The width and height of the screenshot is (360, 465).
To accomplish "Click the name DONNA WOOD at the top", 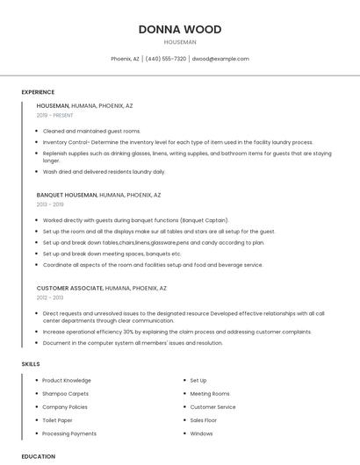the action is [x=180, y=29].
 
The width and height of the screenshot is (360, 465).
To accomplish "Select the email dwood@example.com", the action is [x=220, y=59].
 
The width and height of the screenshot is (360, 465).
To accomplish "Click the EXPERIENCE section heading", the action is [x=38, y=92].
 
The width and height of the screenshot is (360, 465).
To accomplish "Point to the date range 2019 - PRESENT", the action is [x=55, y=115].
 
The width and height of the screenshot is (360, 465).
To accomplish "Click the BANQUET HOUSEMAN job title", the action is [x=66, y=195].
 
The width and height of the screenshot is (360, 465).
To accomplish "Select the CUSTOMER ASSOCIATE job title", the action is [x=69, y=288].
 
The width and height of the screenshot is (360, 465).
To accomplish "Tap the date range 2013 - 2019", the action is [x=50, y=204].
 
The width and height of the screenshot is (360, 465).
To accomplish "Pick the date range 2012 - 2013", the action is [x=50, y=297].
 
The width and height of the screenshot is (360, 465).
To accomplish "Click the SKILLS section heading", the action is [x=31, y=363].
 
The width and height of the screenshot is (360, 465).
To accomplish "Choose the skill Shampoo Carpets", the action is [x=65, y=394].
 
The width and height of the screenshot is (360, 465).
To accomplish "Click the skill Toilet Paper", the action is [x=58, y=420].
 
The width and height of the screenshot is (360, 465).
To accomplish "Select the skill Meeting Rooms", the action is [x=210, y=394].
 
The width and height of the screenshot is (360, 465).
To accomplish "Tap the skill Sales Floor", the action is [x=204, y=420].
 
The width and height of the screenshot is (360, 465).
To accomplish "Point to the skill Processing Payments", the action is [x=69, y=433].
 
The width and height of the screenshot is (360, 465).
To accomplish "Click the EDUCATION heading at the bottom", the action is [x=38, y=456].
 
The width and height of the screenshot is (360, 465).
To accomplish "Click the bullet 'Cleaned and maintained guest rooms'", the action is [x=91, y=131].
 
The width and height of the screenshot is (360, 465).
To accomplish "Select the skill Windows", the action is [x=201, y=433].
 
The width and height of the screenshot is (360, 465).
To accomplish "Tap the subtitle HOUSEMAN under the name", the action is [x=180, y=42].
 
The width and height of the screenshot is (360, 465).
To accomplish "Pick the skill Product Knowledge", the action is [x=67, y=381].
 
